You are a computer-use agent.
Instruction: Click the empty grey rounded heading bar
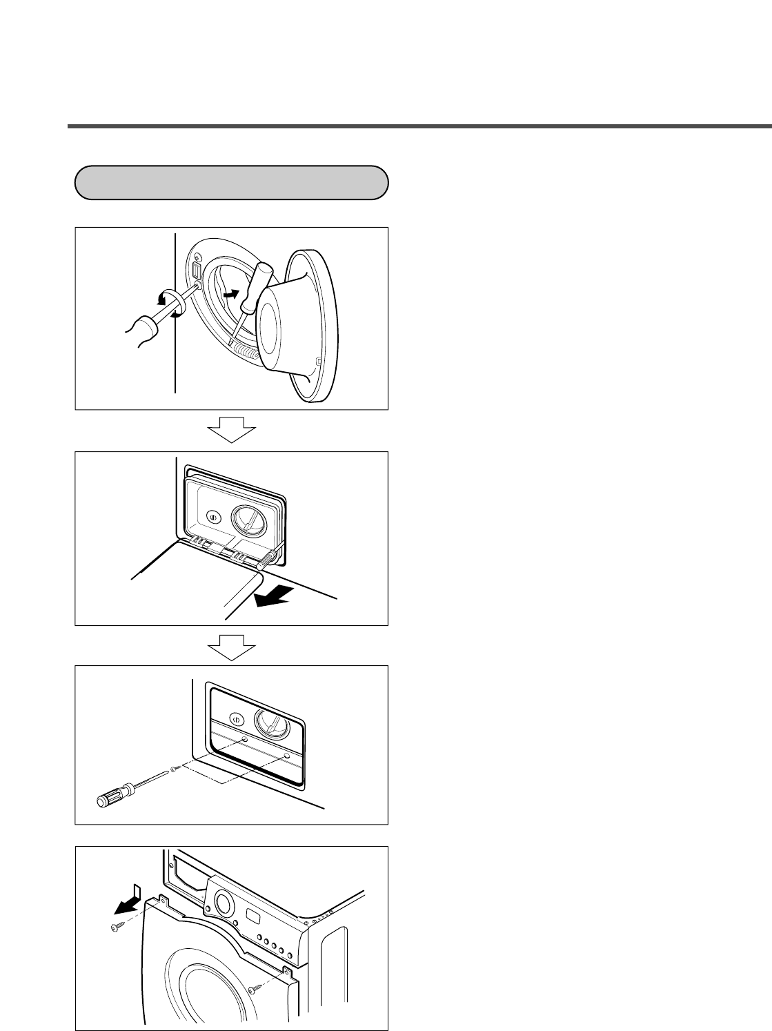[x=231, y=183]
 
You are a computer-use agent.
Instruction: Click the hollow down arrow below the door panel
[x=232, y=431]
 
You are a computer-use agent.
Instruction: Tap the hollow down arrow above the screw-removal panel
[x=232, y=646]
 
